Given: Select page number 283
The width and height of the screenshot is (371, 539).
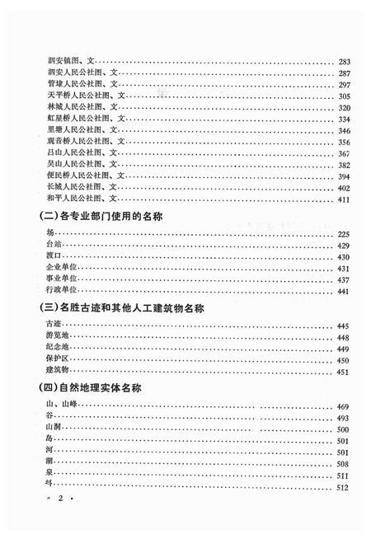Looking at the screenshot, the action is pos(345,61).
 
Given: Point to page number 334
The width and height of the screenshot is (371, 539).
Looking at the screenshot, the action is pos(345,119).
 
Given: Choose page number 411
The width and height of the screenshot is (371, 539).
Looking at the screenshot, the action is pos(345,199).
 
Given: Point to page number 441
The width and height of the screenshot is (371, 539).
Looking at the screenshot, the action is pos(345,291).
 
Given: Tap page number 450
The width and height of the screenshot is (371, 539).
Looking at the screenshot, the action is pos(345,360).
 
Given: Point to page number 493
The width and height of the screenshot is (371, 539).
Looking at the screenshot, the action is pos(345,418).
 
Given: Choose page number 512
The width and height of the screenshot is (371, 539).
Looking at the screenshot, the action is pos(345,488).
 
